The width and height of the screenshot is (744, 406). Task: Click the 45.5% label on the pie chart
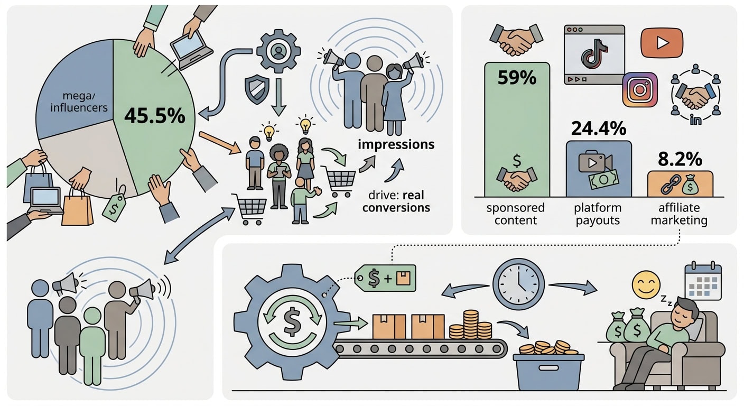click(x=154, y=116)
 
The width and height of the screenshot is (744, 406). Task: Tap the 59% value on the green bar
click(x=517, y=77)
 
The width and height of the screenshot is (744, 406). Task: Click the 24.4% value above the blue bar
click(x=599, y=128)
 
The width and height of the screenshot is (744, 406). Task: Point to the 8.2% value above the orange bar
click(x=680, y=159)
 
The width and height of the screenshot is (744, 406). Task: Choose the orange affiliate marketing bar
click(x=680, y=184)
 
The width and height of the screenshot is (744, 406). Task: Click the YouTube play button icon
click(x=662, y=43)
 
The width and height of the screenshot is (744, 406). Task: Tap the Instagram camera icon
click(x=640, y=90)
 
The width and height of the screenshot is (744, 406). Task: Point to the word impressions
click(x=396, y=144)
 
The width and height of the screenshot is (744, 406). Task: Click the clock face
click(x=518, y=284)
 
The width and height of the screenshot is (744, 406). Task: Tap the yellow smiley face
click(x=646, y=285)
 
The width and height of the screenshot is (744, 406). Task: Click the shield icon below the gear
click(x=257, y=89)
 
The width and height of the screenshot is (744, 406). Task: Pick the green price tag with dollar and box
click(x=385, y=278)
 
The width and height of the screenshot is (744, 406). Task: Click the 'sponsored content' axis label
click(x=516, y=214)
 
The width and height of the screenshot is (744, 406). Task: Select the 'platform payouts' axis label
click(x=598, y=214)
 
